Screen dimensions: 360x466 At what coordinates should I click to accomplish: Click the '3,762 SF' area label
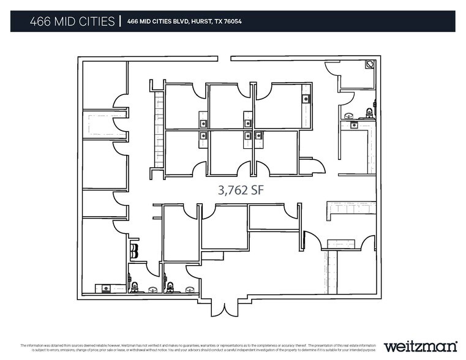(x=242, y=190)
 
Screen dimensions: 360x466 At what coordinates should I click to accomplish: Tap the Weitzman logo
(x=420, y=346)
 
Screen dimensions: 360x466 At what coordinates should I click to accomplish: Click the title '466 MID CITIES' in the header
(x=72, y=21)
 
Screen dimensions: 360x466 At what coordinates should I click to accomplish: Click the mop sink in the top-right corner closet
(x=369, y=64)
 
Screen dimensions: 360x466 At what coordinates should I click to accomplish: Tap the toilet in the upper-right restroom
(x=369, y=113)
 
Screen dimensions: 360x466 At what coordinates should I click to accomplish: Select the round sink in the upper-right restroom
(x=348, y=115)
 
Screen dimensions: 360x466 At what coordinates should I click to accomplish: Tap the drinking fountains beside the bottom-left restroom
(x=134, y=251)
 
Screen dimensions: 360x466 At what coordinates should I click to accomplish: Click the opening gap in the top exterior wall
(x=224, y=59)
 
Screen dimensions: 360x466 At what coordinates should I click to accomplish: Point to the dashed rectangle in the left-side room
(x=104, y=126)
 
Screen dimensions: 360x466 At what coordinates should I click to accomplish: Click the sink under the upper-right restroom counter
(x=354, y=125)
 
